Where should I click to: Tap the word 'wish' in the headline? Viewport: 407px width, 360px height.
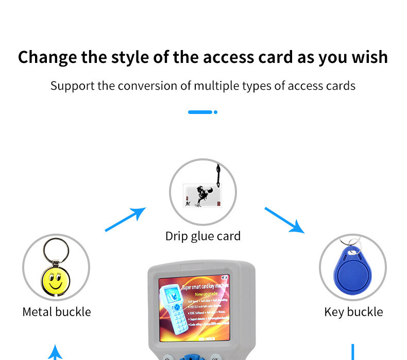tap(369, 57)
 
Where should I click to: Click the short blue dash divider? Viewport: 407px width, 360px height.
tap(200, 112)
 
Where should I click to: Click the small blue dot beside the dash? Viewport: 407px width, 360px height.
tap(215, 112)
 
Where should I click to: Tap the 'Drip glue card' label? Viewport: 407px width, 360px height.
tap(203, 236)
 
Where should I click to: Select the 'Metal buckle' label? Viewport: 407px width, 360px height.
tap(57, 312)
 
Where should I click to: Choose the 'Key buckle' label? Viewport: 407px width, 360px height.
tap(353, 312)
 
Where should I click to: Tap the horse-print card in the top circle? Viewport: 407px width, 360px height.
tap(202, 196)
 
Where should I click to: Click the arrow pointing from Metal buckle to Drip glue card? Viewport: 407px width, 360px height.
tap(125, 219)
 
